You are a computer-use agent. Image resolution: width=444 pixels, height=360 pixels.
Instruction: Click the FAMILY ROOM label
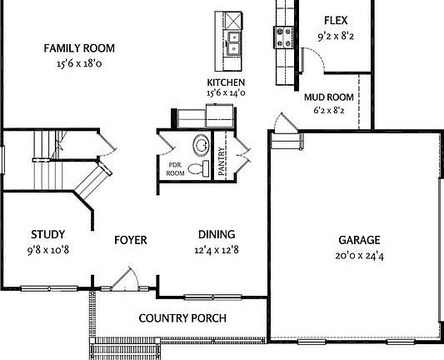79,48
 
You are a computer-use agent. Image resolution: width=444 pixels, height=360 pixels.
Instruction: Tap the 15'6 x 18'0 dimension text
79,62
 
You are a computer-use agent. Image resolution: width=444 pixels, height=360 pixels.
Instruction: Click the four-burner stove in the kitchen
282,36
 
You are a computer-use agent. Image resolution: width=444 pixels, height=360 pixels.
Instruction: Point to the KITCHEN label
226,82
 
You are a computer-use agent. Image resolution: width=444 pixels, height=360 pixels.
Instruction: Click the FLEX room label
335,21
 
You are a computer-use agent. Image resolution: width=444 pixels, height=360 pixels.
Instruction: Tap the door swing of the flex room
310,60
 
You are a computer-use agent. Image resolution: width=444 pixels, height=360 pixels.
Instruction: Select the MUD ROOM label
328,97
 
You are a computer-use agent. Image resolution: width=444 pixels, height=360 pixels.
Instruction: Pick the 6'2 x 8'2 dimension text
328,109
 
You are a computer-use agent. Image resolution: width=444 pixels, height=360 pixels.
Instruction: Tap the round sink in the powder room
202,146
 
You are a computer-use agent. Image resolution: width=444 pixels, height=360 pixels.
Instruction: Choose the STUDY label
48,234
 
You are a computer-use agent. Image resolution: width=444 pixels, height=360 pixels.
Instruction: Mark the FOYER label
130,240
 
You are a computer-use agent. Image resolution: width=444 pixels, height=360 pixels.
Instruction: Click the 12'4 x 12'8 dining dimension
216,248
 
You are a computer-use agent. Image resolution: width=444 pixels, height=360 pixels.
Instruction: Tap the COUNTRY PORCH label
182,317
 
